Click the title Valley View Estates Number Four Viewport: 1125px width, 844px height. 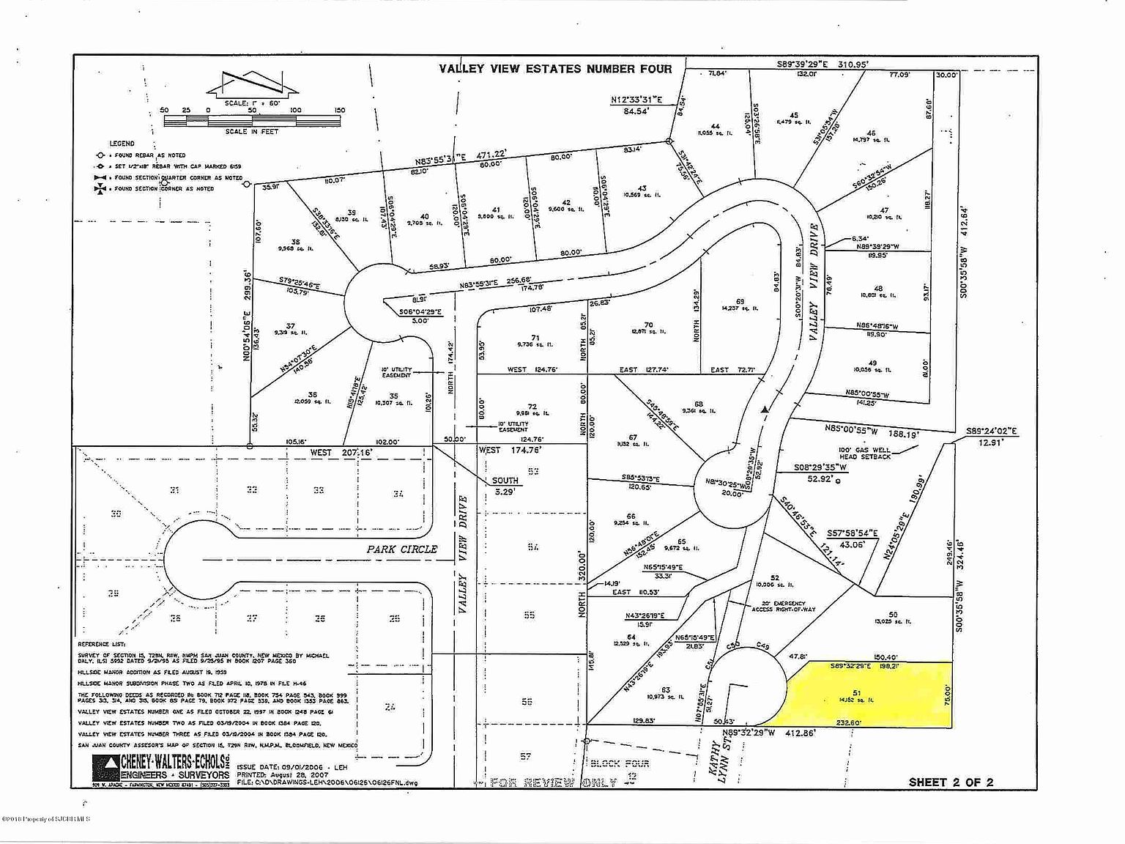[x=554, y=69]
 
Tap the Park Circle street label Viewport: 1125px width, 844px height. [x=402, y=549]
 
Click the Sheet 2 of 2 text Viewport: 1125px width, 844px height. [x=951, y=782]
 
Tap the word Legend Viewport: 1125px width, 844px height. [x=122, y=144]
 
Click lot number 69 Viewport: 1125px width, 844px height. [x=740, y=301]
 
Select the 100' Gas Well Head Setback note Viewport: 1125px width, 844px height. [x=865, y=452]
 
